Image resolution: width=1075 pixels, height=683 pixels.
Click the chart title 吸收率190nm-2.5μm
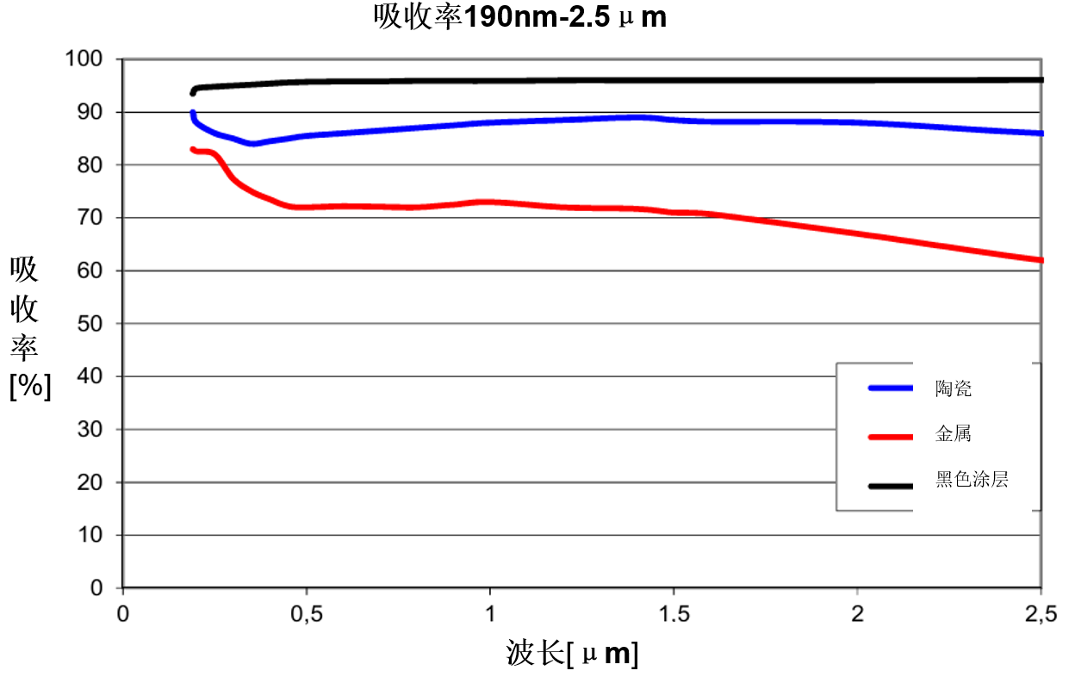520,16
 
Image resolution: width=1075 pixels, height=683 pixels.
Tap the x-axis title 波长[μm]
572,655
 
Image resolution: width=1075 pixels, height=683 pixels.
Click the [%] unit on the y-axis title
30,387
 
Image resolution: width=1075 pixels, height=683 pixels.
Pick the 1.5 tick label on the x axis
674,613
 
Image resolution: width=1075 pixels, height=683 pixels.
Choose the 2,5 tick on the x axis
1041,613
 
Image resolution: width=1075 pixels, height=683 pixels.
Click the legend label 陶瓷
954,388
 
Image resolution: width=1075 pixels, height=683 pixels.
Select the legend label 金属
954,434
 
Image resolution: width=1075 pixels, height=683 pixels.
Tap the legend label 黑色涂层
972,480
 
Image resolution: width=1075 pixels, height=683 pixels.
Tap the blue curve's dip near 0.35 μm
252,144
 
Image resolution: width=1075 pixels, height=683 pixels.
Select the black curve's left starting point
192,93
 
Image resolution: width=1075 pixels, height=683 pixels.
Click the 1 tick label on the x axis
489,613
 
